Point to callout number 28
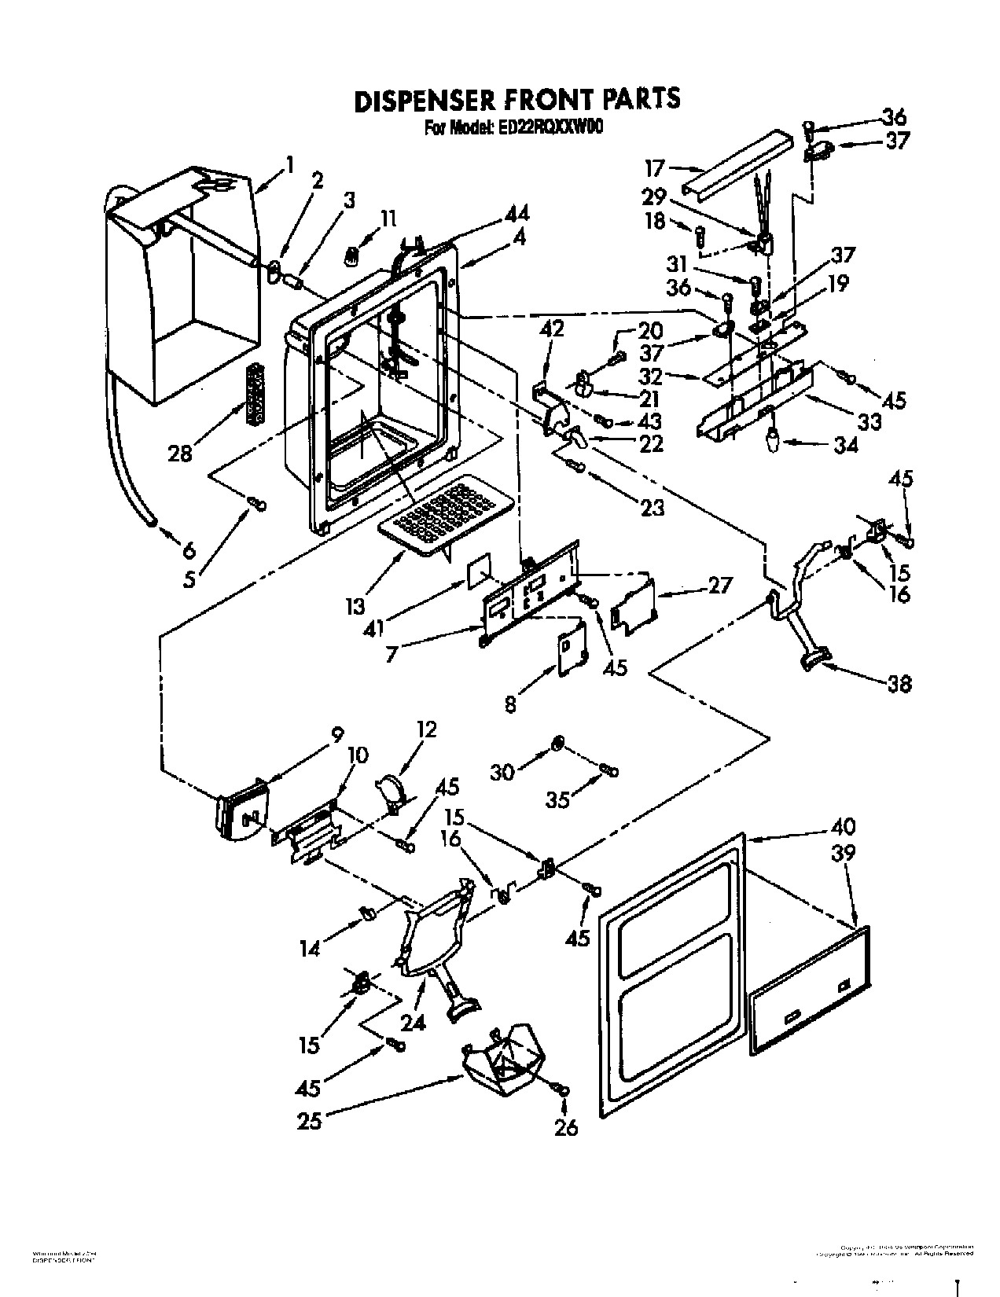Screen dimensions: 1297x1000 (x=179, y=453)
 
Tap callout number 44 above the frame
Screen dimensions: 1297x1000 (x=516, y=213)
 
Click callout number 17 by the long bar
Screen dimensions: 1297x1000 (x=653, y=167)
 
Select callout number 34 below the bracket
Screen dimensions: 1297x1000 (x=844, y=446)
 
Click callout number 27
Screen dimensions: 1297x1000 (x=719, y=585)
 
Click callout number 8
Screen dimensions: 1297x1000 (x=510, y=705)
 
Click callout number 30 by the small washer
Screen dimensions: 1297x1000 (x=502, y=772)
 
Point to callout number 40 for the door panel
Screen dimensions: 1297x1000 (x=841, y=826)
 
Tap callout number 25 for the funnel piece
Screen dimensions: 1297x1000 (x=310, y=1119)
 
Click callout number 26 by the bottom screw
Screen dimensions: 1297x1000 (x=565, y=1126)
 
